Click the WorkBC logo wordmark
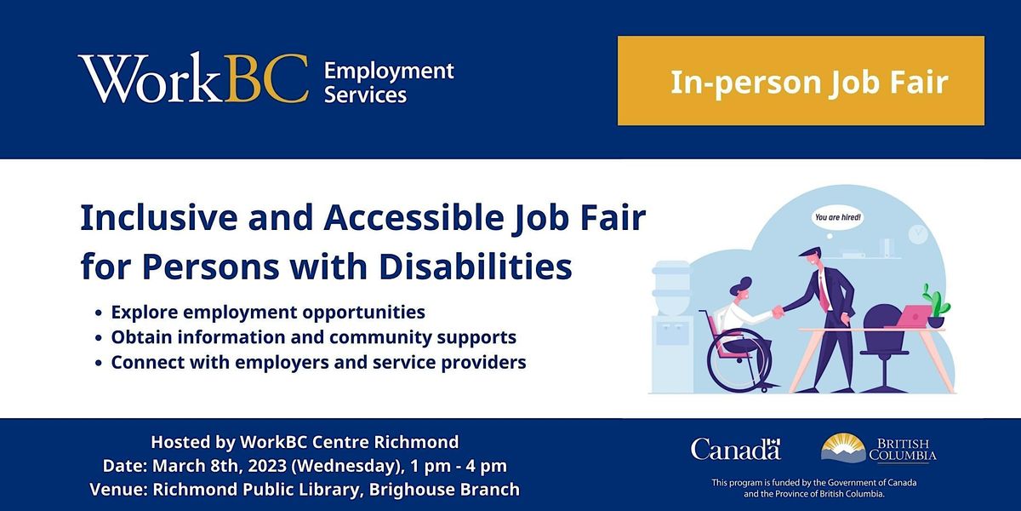(x=193, y=80)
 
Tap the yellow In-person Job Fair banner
(x=801, y=81)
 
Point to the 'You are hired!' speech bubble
(x=837, y=217)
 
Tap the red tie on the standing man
(x=824, y=289)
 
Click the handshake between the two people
(x=776, y=313)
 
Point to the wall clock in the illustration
(x=917, y=233)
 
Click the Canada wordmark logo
(x=735, y=449)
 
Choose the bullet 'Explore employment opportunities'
(x=268, y=313)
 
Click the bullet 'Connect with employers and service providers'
(x=318, y=362)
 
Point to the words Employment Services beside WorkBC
(x=389, y=82)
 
